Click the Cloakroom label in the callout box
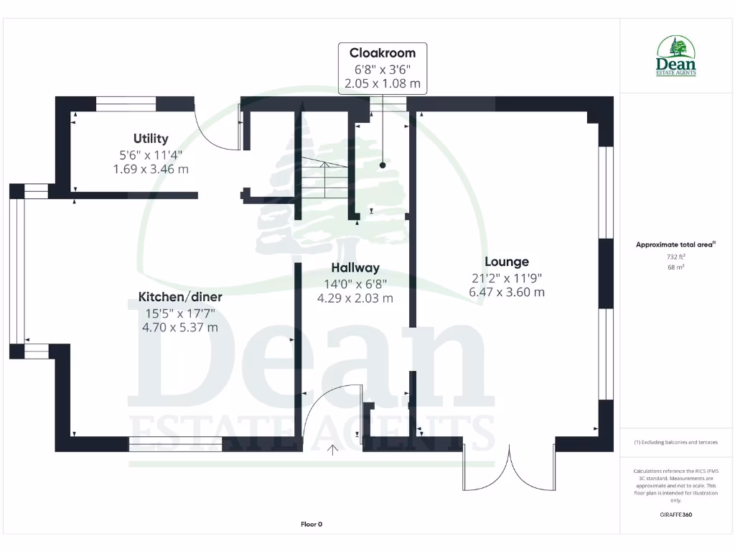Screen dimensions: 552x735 [x=383, y=52]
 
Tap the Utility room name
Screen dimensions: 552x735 [x=151, y=139]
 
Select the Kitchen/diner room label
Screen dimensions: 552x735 [x=180, y=297]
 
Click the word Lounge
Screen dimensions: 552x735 [x=506, y=262]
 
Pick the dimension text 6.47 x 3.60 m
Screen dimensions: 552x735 [x=506, y=292]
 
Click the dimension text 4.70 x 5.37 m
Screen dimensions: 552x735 [x=180, y=327]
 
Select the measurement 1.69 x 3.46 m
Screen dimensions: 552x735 [x=151, y=169]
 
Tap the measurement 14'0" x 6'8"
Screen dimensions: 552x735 [x=355, y=283]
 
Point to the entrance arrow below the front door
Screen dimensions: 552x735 [x=333, y=451]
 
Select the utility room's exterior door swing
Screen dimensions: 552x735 [x=219, y=129]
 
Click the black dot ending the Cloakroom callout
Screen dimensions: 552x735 [x=383, y=165]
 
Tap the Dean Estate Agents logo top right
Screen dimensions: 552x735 [x=676, y=57]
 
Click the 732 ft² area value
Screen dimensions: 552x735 [x=675, y=257]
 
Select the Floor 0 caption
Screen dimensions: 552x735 [x=311, y=524]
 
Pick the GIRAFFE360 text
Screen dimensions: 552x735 [x=676, y=515]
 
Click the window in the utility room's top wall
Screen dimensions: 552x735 [x=126, y=104]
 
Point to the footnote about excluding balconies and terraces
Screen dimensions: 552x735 [x=675, y=442]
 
